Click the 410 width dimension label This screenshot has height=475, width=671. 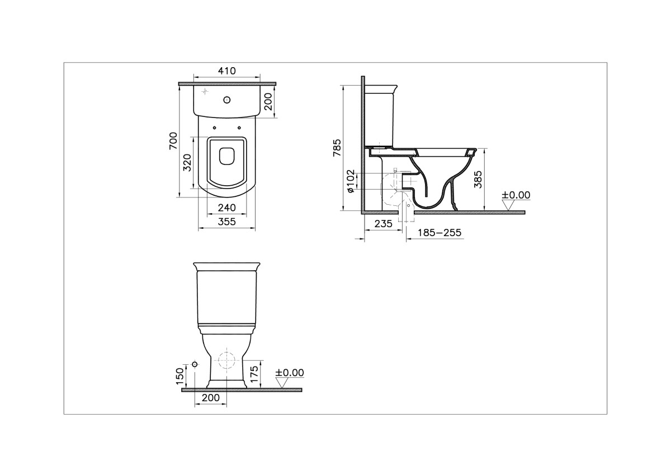[x=227, y=70]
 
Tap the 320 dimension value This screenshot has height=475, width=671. [x=188, y=162]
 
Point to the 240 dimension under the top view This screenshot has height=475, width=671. [x=226, y=207]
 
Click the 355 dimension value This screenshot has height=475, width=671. [x=226, y=222]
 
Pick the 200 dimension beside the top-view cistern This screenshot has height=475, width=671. [x=268, y=101]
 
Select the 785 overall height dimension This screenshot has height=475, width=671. [x=337, y=148]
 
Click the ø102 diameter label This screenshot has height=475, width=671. [x=351, y=182]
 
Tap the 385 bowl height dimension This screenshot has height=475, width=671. [x=478, y=179]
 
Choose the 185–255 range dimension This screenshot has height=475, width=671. [x=440, y=232]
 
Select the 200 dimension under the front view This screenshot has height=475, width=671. [x=210, y=398]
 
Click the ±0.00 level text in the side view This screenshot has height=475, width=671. [x=516, y=195]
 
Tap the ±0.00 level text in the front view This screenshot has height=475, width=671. [x=290, y=372]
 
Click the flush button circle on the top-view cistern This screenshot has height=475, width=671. [x=226, y=101]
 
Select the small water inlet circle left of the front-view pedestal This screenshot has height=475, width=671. [x=194, y=365]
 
